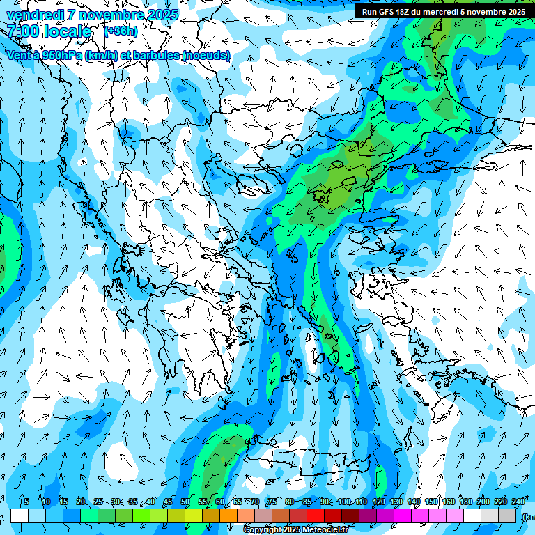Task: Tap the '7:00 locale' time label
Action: coord(49,31)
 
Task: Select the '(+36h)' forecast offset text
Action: coord(121,31)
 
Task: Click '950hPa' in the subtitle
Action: coord(59,55)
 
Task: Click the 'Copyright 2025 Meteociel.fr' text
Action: coord(295,530)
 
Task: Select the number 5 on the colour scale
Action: coord(26,502)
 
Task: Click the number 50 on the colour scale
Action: coord(185,502)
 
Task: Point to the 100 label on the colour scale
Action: coord(344,502)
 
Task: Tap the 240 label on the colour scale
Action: coord(518,502)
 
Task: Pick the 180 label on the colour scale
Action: coord(466,502)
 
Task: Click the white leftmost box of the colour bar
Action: coord(20,515)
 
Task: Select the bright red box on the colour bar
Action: coord(316,515)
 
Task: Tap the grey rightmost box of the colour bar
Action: coord(507,515)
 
